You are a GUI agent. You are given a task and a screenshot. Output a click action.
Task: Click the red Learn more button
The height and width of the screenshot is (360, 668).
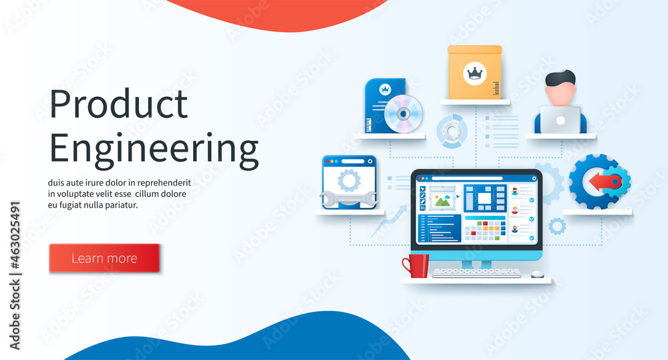[x=104, y=258]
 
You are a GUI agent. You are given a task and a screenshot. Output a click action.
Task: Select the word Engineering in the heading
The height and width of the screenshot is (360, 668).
[x=154, y=148]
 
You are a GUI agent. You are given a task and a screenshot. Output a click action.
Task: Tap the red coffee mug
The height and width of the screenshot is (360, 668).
[x=416, y=265]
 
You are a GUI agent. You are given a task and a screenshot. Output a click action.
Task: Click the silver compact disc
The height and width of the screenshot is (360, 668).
[x=403, y=113]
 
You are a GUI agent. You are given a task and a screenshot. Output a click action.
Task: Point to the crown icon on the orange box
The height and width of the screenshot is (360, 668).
[x=475, y=73]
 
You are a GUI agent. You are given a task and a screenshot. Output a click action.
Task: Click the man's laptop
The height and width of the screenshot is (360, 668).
[x=560, y=120]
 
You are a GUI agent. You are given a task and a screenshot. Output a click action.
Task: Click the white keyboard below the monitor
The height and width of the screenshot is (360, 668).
[x=476, y=273]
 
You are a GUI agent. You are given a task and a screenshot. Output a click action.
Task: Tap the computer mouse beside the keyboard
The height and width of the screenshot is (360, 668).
[x=537, y=274]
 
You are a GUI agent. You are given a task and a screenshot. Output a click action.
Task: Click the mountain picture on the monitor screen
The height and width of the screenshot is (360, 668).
[x=442, y=199]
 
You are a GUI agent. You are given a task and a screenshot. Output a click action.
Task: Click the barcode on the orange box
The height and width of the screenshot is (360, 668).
[x=496, y=87]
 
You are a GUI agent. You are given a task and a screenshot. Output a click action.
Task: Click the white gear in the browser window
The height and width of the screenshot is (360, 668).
[x=349, y=180]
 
